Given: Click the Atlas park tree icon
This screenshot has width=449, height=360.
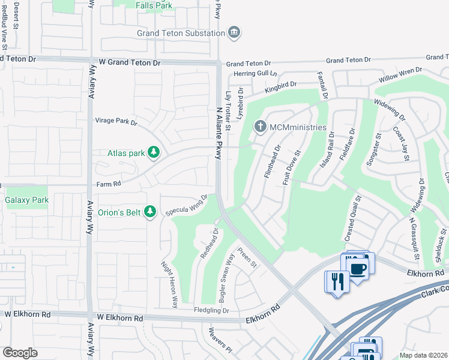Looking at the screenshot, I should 154,152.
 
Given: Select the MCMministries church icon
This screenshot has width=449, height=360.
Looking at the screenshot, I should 260,127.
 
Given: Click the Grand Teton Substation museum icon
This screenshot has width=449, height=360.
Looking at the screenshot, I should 234,32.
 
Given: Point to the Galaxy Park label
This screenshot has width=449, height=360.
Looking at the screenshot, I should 26,199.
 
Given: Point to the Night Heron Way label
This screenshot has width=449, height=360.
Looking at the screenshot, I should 169,284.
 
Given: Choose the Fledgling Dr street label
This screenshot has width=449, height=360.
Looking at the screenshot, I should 212,310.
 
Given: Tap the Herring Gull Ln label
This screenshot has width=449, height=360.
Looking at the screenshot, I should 256,73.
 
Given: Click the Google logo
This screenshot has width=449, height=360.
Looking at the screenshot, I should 20,353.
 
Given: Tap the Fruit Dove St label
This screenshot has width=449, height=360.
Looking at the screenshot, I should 293,167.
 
